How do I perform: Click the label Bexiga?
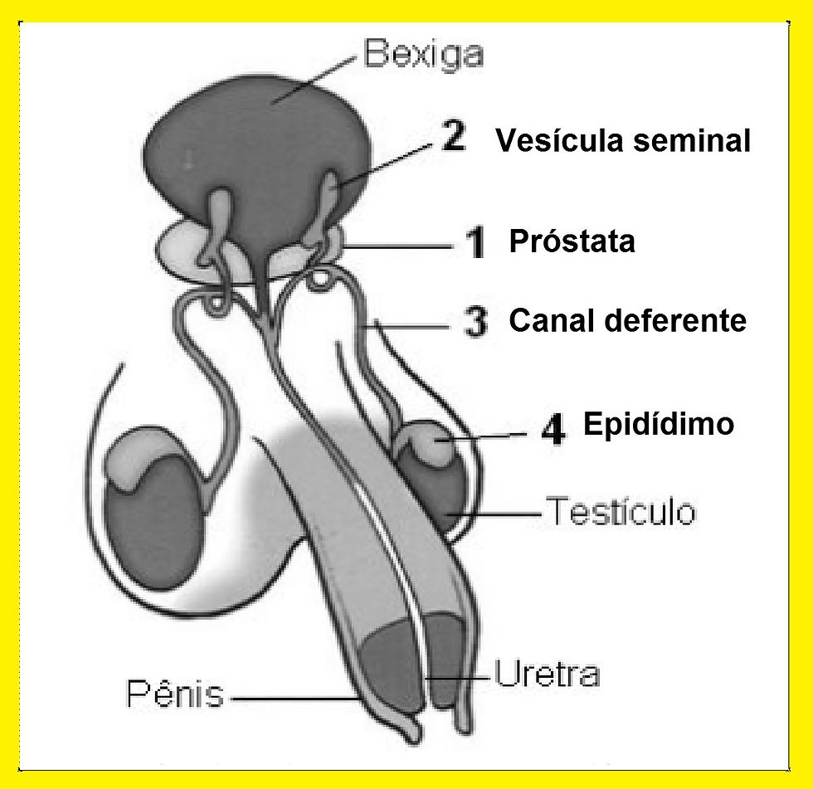424,56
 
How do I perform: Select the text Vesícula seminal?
623,141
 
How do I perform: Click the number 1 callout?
475,244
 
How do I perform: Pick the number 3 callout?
475,322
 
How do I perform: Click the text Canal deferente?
627,320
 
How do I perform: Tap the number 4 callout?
553,429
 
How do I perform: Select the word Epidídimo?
659,424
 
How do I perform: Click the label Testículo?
620,512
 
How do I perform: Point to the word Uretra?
547,673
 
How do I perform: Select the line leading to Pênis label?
290,699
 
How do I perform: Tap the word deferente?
680,320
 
